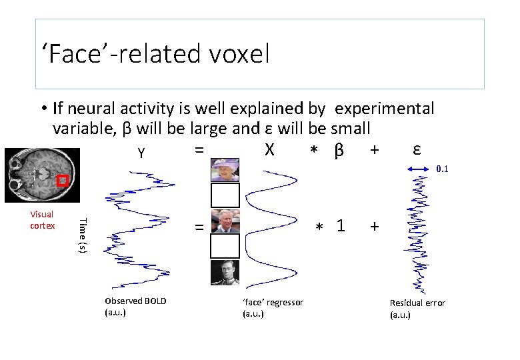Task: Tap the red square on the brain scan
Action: pyautogui.click(x=63, y=181)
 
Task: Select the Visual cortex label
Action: pyautogui.click(x=42, y=220)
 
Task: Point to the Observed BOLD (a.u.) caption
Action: pyautogui.click(x=135, y=306)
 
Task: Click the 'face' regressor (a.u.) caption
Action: pyautogui.click(x=273, y=307)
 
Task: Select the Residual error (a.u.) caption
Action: pyautogui.click(x=417, y=308)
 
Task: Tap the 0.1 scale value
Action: pyautogui.click(x=441, y=169)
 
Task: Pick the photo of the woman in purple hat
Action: pyautogui.click(x=225, y=169)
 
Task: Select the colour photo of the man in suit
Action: pyautogui.click(x=225, y=221)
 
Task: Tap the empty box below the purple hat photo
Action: pyautogui.click(x=225, y=195)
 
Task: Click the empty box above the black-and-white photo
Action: pyautogui.click(x=225, y=246)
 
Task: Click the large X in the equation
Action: pyautogui.click(x=269, y=150)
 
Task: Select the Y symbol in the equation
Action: pyautogui.click(x=141, y=153)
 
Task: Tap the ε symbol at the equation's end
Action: pyautogui.click(x=416, y=149)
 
